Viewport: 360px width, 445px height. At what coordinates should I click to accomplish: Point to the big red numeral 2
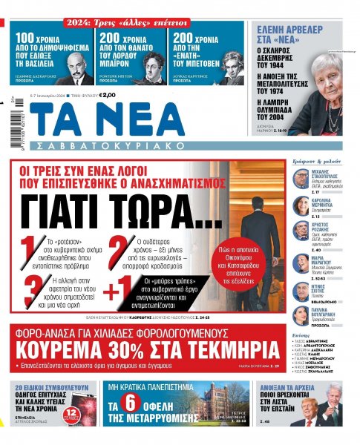(x=116, y=250)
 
